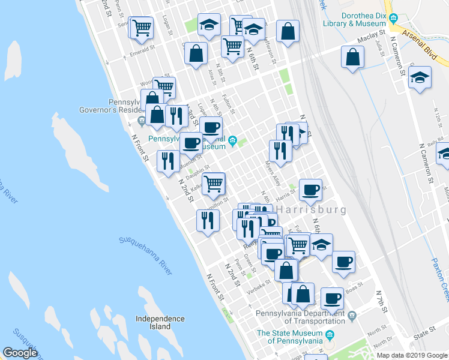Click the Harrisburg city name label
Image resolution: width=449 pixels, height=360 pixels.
(312, 210)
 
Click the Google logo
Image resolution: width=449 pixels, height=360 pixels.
(20, 353)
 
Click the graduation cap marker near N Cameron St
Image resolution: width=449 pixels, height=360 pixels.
(420, 77)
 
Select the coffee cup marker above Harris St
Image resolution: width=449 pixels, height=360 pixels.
(310, 190)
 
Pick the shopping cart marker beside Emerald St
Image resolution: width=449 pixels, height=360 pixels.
(142, 27)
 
